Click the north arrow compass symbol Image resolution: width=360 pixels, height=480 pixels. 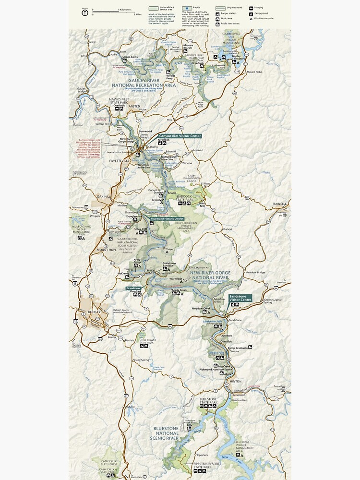tap(85, 13)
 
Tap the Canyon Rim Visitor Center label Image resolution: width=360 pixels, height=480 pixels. tap(180, 136)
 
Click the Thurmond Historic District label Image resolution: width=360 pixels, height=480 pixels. tap(167, 219)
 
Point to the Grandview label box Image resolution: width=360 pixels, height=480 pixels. tap(133, 288)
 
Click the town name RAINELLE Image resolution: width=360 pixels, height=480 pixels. tap(279, 204)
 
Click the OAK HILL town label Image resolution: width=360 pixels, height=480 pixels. tap(104, 196)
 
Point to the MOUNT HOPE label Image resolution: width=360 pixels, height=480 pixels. tap(107, 250)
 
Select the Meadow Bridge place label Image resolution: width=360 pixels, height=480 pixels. tap(255, 273)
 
